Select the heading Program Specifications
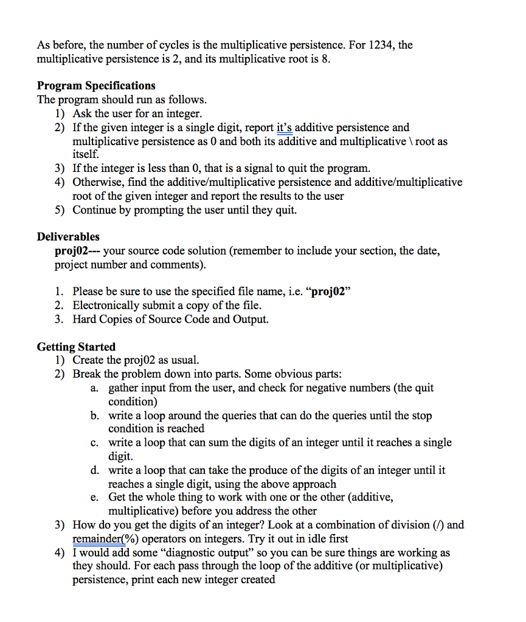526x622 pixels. click(96, 86)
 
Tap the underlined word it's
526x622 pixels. click(285, 128)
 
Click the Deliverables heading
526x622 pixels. click(68, 237)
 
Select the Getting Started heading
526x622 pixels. click(76, 347)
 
